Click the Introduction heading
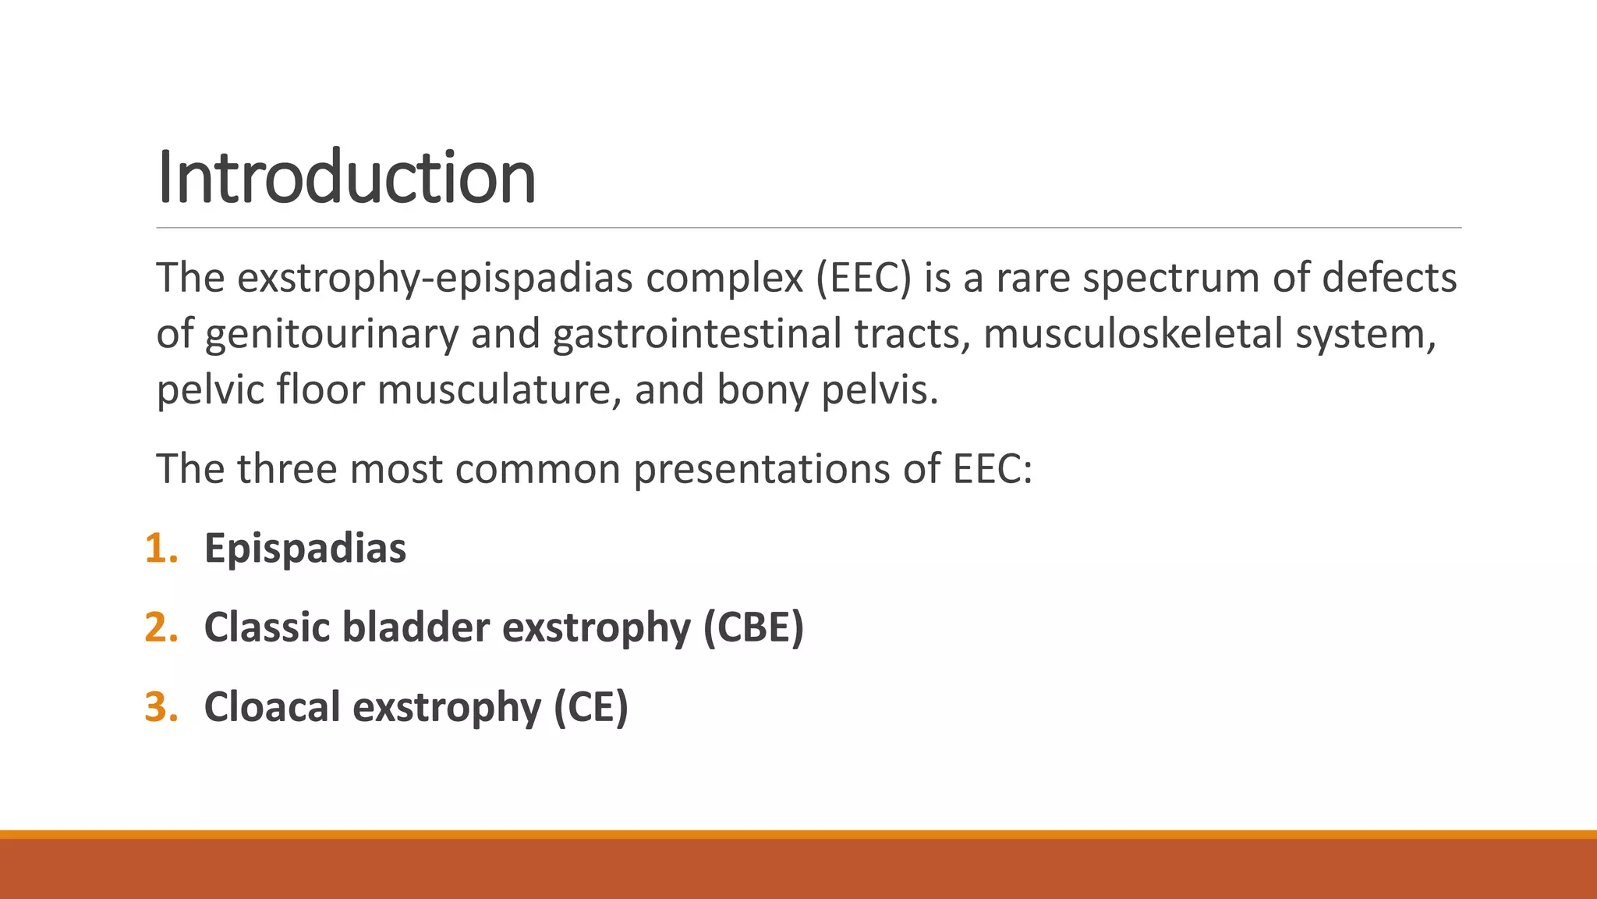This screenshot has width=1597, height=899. click(346, 178)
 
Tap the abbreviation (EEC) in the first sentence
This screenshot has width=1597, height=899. click(863, 278)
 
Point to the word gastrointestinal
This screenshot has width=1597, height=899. click(696, 334)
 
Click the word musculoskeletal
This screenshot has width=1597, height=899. click(1132, 334)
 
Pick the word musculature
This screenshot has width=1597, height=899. click(499, 390)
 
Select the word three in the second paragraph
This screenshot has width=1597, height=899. click(286, 469)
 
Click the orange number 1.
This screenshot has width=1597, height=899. click(161, 548)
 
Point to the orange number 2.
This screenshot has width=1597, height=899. click(161, 627)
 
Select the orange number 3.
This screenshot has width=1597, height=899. click(161, 707)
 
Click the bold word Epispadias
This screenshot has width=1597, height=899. click(305, 548)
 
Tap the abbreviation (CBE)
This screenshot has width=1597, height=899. click(753, 627)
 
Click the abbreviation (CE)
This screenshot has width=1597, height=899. click(590, 707)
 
